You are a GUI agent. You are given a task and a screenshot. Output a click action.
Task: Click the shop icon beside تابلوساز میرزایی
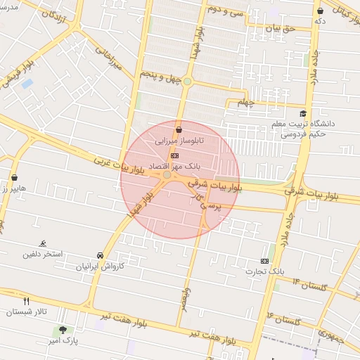tap(179, 129)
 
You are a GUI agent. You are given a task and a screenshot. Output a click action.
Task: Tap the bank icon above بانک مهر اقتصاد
tap(174, 156)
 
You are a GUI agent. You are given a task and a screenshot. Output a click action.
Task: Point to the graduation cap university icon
tap(303, 114)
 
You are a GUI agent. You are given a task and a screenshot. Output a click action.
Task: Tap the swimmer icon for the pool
tap(44, 242)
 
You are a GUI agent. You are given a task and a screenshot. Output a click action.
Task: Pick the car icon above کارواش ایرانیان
tap(100, 256)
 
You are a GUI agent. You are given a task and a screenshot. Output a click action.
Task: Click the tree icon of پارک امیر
tap(63, 330)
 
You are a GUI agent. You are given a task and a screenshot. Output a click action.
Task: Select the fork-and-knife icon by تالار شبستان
tap(27, 301)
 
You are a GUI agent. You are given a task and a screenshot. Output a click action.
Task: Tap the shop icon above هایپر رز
tap(15, 179)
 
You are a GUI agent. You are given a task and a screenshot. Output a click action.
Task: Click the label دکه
tap(321, 21)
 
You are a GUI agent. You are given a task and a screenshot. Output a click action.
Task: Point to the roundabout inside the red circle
tap(167, 174)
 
